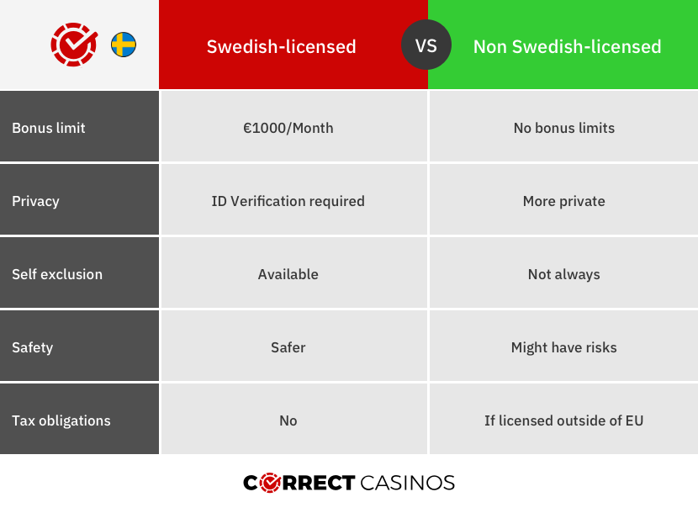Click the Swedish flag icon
point(124,45)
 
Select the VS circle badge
point(426,45)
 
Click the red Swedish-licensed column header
point(282,46)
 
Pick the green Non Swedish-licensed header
point(567,46)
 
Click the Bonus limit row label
point(49,128)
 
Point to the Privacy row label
point(35,201)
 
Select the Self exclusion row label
point(57,274)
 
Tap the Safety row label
point(32,347)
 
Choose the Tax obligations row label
point(61,420)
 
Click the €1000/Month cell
point(288,128)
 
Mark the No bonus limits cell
point(563,128)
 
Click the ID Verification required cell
point(288,201)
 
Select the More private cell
point(563,201)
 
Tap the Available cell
point(288,274)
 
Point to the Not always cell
point(563,274)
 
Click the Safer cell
point(288,347)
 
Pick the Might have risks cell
point(563,347)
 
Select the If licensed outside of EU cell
point(563,420)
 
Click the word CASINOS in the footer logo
point(407,483)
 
